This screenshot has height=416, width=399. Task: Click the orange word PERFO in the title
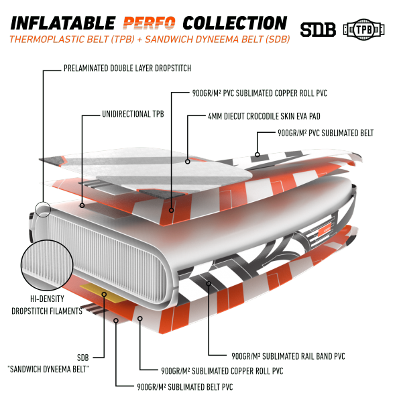(149, 23)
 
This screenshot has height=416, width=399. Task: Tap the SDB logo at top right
(318, 30)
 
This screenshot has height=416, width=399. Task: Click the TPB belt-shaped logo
(363, 30)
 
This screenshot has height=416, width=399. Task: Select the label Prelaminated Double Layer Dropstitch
(127, 68)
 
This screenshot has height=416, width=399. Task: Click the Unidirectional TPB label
(133, 114)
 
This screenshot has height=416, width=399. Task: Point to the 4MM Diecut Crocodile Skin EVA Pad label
(264, 116)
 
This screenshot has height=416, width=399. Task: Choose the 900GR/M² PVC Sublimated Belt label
(325, 133)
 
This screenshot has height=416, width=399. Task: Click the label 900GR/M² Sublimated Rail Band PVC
(288, 356)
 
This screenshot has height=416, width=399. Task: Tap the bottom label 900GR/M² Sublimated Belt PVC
(185, 387)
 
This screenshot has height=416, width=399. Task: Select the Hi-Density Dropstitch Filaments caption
(47, 305)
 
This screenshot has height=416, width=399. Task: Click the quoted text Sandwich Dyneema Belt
(48, 369)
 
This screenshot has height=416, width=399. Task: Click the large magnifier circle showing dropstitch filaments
(47, 265)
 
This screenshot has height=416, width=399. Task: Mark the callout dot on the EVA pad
(188, 161)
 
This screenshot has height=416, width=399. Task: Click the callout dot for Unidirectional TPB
(82, 205)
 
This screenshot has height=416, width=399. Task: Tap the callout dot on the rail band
(209, 284)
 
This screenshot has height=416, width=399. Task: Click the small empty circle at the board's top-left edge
(43, 209)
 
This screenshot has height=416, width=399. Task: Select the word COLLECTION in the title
(235, 23)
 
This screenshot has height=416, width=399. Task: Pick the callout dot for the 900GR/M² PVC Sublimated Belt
(257, 154)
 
